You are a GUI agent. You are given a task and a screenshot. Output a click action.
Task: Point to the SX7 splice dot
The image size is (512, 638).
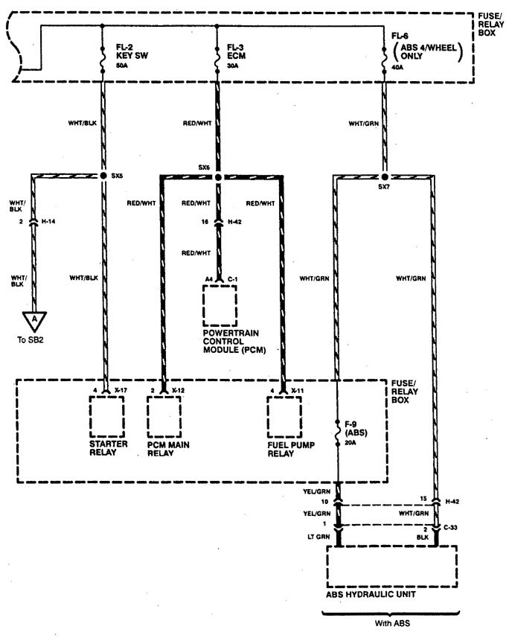click(x=384, y=178)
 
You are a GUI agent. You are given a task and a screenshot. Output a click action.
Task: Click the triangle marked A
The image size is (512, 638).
click(x=34, y=319)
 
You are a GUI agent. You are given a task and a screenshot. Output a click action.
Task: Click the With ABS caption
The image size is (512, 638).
click(x=391, y=624)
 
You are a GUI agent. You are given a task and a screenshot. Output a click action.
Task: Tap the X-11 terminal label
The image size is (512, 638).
click(x=298, y=390)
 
